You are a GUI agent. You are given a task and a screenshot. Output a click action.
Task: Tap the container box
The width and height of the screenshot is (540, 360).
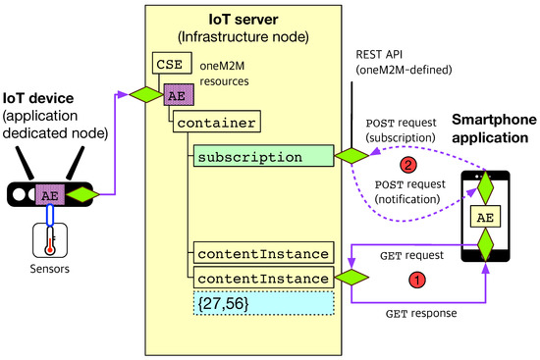point(218,124)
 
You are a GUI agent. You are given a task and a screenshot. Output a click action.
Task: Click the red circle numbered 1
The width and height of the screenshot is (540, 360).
point(415,280)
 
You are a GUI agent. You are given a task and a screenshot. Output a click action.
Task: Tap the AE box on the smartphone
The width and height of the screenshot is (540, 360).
point(483,216)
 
